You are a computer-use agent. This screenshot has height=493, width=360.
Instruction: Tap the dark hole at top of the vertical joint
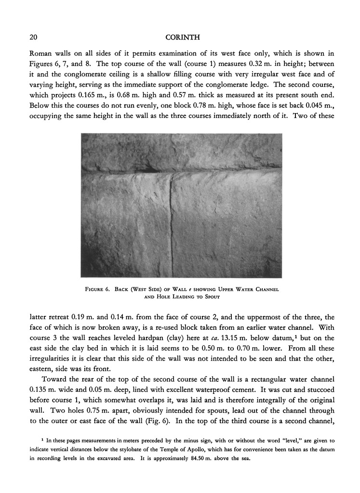151,170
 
